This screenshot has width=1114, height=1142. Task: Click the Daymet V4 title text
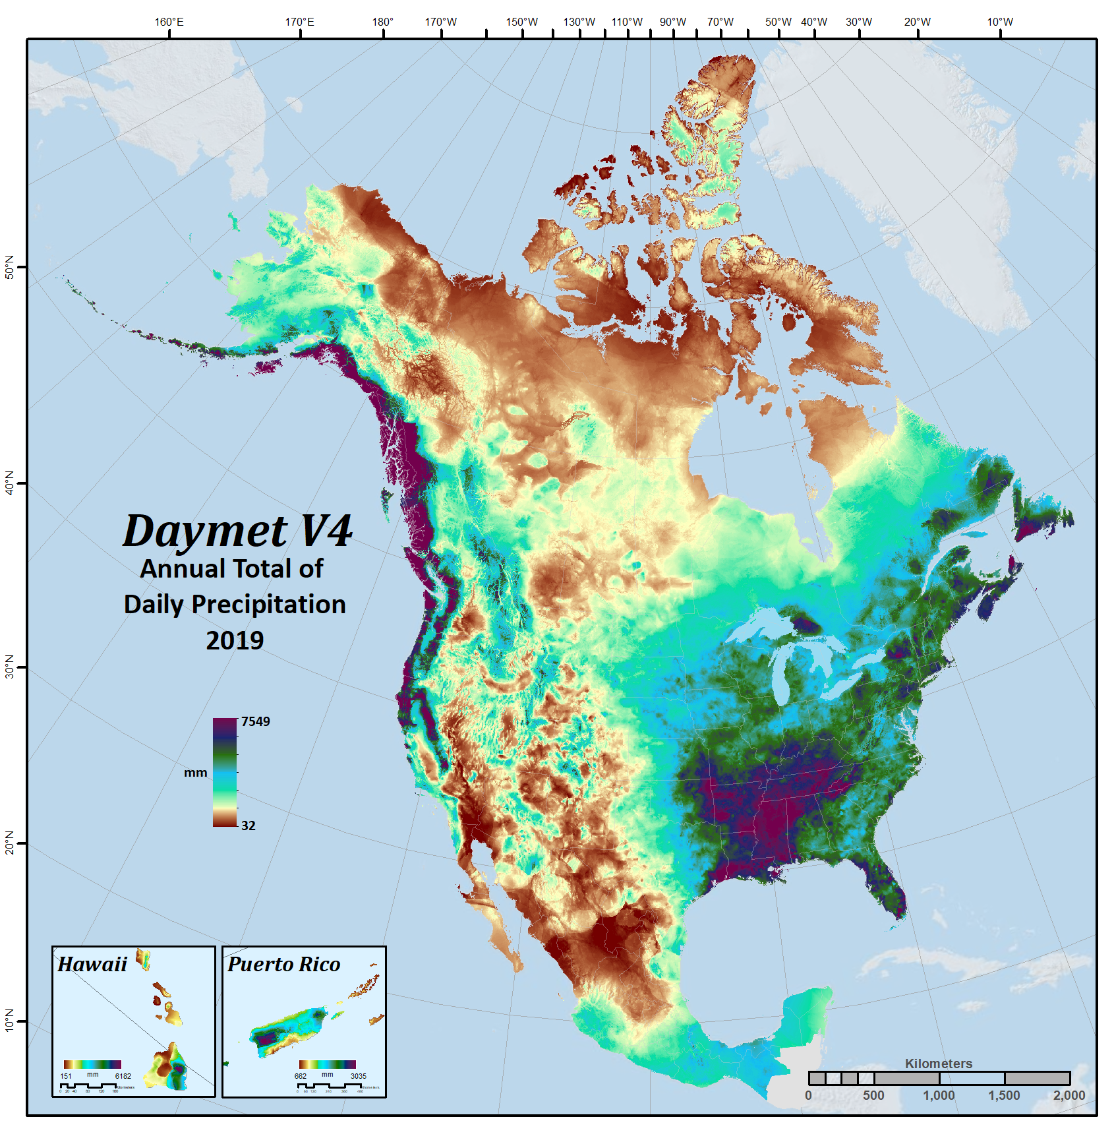coord(237,531)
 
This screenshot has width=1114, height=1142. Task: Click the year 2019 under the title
coord(235,640)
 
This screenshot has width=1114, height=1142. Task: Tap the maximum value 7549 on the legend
coord(255,721)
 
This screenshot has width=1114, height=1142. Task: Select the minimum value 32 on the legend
coord(248,826)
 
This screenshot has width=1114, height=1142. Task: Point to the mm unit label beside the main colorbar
coord(195,772)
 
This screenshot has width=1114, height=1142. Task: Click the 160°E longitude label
coord(169,22)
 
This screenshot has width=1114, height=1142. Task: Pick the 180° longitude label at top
coord(382,22)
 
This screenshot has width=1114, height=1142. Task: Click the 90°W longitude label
coord(672,22)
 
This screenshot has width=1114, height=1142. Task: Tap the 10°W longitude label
coord(999,22)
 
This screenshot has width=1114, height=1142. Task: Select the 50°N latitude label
coord(9,266)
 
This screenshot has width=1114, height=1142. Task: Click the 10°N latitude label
coord(9,1020)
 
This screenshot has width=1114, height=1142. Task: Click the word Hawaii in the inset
coord(92,965)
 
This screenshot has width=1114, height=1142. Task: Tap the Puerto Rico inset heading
coord(283,965)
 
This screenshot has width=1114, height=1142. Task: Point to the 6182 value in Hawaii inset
coord(123,1076)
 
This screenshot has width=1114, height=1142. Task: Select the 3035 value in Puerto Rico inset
coord(358,1076)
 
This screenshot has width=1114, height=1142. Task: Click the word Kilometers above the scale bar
coord(938,1064)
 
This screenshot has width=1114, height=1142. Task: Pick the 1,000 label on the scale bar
coord(938,1095)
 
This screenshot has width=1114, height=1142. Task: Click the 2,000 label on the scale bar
coord(1069,1095)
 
